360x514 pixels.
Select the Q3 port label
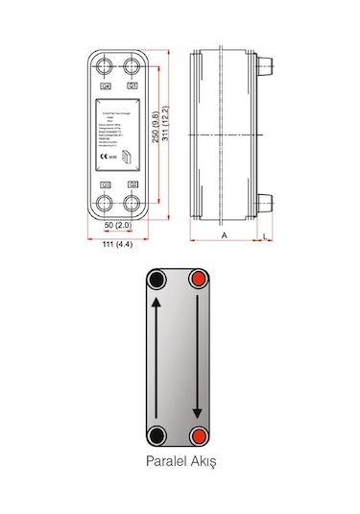pos(107,184)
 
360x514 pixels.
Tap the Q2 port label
pos(132,184)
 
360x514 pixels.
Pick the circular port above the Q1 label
pos(132,66)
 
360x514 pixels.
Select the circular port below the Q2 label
pos(132,203)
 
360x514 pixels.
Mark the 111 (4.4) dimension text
pos(119,248)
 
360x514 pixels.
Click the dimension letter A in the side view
pos(224,233)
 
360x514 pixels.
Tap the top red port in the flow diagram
pos(200,281)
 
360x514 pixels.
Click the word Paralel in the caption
pos(162,461)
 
